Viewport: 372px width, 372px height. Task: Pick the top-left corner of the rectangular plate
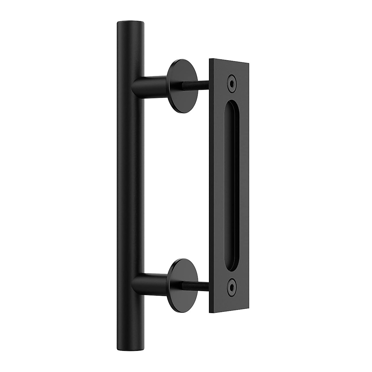tap(210, 59)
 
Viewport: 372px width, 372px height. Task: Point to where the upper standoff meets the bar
tap(141, 85)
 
